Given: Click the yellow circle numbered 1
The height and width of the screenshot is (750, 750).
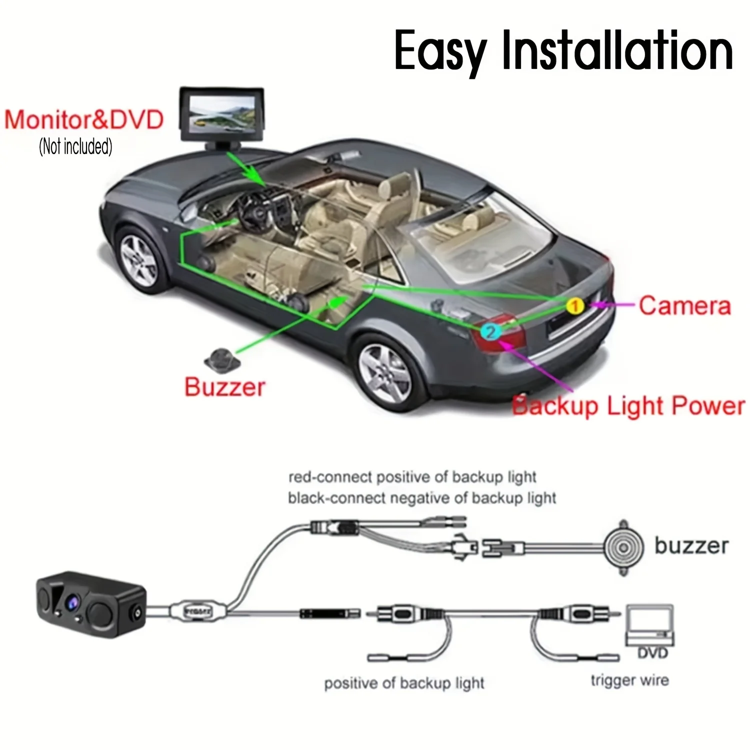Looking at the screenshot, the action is (575, 305).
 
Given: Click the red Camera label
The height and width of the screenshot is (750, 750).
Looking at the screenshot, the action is (684, 305).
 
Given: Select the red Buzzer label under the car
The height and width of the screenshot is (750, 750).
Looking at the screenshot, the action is (224, 387).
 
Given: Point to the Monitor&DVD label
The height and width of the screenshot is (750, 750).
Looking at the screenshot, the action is (84, 120).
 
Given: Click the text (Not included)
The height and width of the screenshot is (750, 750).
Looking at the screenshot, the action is (75, 146).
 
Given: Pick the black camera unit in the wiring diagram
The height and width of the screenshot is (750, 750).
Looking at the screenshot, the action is (91, 604).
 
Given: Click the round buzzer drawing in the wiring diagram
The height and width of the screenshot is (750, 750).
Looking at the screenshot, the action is (623, 547).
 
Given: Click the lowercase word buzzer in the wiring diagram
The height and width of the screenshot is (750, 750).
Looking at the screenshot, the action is (691, 545).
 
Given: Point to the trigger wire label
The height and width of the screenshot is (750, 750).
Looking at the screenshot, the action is (629, 680).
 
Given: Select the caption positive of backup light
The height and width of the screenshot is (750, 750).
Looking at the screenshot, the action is (404, 683).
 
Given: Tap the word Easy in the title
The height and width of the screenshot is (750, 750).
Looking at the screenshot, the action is (440, 53).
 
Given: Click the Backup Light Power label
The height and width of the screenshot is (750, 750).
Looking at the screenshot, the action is (629, 405).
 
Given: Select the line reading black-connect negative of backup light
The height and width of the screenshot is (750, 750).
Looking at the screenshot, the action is (422, 498).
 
